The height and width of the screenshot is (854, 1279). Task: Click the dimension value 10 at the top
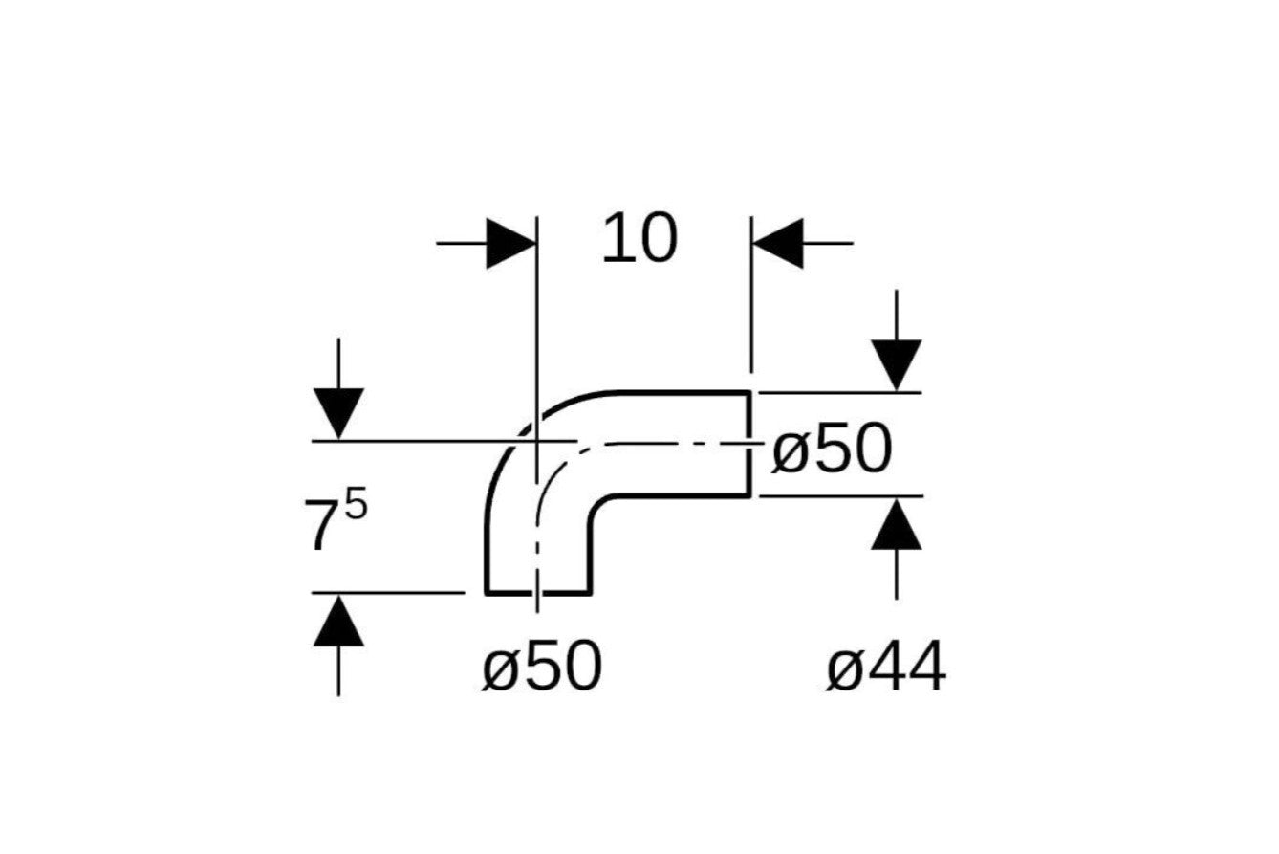[x=640, y=238]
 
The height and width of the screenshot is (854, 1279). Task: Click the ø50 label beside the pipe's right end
[x=832, y=449]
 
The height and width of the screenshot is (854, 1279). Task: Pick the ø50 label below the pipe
[x=542, y=666]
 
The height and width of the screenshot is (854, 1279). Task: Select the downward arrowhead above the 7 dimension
[x=338, y=413]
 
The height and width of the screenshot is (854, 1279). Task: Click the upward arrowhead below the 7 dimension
[x=338, y=621]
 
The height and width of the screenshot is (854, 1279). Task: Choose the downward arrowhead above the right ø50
[x=897, y=365]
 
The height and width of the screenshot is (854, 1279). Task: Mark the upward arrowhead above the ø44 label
[x=897, y=524]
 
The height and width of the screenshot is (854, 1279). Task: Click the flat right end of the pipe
[x=749, y=444]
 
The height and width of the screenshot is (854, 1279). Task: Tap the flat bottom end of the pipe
[x=538, y=594]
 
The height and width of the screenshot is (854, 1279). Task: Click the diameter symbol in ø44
[x=844, y=668]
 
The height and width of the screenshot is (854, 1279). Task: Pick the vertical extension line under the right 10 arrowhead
[x=751, y=295]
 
